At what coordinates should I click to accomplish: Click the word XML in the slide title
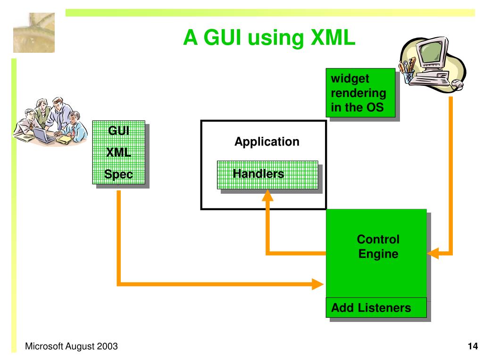pos(333,38)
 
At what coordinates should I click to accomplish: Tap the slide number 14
pos(473,346)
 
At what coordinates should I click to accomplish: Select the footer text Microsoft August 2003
pos(71,346)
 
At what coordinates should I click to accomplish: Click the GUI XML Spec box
pos(119,152)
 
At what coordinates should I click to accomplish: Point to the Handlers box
pos(267,175)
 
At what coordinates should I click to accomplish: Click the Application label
pos(267,141)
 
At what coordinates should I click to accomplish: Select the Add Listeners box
pos(376,307)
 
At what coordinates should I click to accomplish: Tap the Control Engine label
pos(378,247)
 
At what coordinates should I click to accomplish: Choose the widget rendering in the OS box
pos(360,93)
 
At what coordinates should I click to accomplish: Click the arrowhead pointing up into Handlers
pos(268,195)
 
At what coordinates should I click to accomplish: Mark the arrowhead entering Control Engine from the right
pos(433,253)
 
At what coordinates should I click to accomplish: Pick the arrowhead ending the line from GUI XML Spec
pos(317,284)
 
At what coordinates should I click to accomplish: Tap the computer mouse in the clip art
pos(458,84)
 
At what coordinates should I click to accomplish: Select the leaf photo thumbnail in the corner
pos(34,33)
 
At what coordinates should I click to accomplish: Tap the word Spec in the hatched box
pos(118,174)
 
